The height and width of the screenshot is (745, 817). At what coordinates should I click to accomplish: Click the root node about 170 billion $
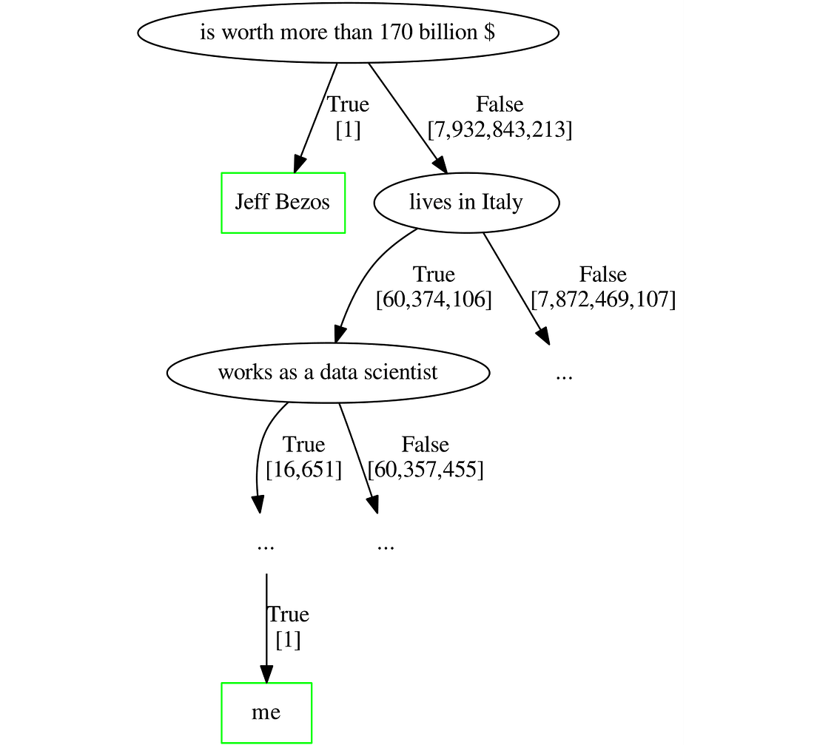(x=348, y=33)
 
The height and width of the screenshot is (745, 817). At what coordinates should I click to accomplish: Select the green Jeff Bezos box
(x=283, y=203)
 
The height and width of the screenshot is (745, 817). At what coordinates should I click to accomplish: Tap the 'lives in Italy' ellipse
(x=465, y=203)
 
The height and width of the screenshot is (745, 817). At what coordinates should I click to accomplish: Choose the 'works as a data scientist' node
(x=328, y=372)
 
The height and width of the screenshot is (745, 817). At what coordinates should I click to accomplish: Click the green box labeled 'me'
(x=266, y=712)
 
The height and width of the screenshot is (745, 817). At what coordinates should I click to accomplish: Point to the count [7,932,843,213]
(x=500, y=129)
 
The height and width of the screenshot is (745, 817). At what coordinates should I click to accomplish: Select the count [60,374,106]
(x=434, y=300)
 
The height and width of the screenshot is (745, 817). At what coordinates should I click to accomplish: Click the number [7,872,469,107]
(x=603, y=300)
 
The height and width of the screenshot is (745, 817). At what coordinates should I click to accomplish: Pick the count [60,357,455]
(x=425, y=470)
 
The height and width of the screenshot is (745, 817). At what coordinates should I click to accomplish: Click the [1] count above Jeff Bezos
(x=348, y=129)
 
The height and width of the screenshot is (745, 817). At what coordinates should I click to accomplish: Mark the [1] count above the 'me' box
(x=288, y=639)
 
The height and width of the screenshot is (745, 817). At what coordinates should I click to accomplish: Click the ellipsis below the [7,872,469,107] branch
(x=564, y=376)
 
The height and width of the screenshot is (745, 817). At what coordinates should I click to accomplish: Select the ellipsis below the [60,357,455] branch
(x=385, y=547)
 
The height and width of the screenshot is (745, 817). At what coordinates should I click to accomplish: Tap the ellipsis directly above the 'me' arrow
(x=266, y=547)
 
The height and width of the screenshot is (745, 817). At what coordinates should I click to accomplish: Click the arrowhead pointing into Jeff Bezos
(x=299, y=164)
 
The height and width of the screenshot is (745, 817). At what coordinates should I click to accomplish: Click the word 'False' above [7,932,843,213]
(x=500, y=105)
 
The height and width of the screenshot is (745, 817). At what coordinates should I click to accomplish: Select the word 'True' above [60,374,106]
(x=434, y=275)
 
